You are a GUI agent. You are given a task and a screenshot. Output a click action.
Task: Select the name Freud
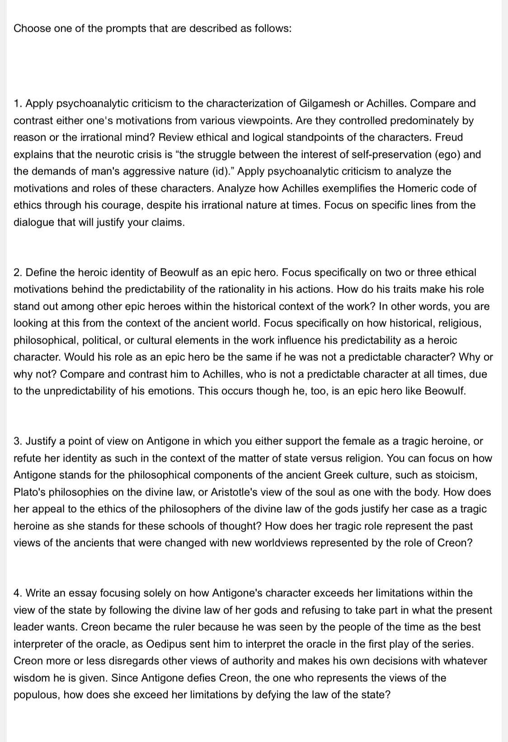449,137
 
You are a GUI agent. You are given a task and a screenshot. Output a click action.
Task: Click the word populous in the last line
36,695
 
